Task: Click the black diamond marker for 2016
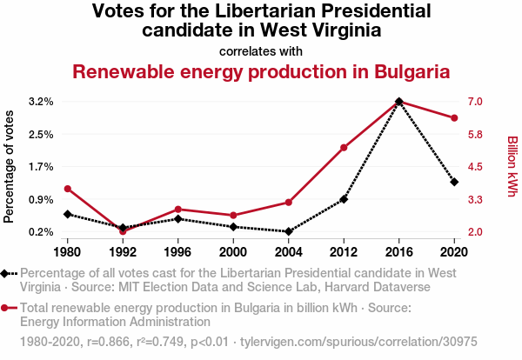[398, 102]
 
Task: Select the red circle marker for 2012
[344, 148]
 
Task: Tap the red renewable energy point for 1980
[68, 189]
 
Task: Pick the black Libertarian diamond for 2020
[454, 182]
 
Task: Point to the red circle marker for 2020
[454, 118]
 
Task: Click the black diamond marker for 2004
[289, 231]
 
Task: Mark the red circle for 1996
[178, 209]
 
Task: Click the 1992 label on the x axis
[123, 252]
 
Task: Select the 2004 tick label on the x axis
[289, 252]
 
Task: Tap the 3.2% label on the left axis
[41, 102]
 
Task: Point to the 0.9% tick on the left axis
[41, 199]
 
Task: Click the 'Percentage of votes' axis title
[10, 166]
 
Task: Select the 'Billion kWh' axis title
[512, 166]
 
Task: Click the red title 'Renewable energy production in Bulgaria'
[261, 71]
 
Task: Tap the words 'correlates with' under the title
[261, 50]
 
